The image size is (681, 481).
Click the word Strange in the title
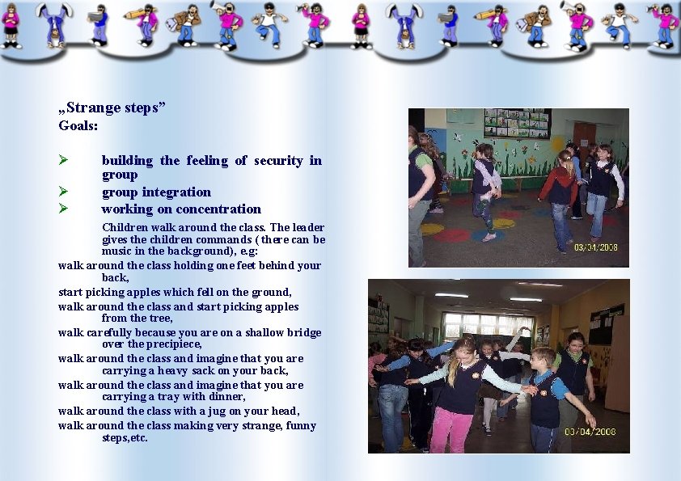[x=94, y=108]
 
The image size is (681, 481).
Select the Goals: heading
[x=78, y=125]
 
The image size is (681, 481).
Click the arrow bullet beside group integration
[x=63, y=192]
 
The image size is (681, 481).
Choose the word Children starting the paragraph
[x=125, y=227]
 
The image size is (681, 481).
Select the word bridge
[x=303, y=332]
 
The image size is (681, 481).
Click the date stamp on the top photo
[x=597, y=247]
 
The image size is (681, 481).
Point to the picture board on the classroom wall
[x=517, y=123]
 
